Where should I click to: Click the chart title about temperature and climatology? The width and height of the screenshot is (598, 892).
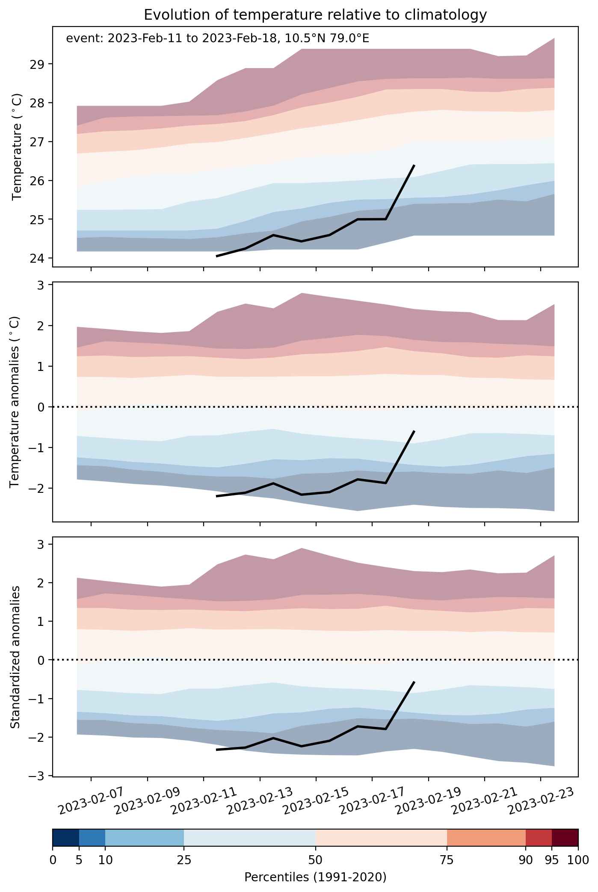pyautogui.click(x=315, y=15)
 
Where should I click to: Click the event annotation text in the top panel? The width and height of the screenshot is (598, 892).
pyautogui.click(x=218, y=39)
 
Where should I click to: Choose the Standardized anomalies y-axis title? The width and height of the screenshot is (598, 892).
pyautogui.click(x=15, y=657)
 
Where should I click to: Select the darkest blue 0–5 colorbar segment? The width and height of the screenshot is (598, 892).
pyautogui.click(x=66, y=844)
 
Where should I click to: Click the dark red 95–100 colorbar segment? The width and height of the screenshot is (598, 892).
pyautogui.click(x=565, y=844)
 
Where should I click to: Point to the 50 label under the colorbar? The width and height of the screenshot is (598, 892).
pyautogui.click(x=315, y=860)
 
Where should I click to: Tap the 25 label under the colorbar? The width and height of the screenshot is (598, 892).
pyautogui.click(x=184, y=860)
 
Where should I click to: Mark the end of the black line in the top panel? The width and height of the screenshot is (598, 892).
pyautogui.click(x=414, y=165)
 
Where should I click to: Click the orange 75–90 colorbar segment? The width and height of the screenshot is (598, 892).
pyautogui.click(x=486, y=844)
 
